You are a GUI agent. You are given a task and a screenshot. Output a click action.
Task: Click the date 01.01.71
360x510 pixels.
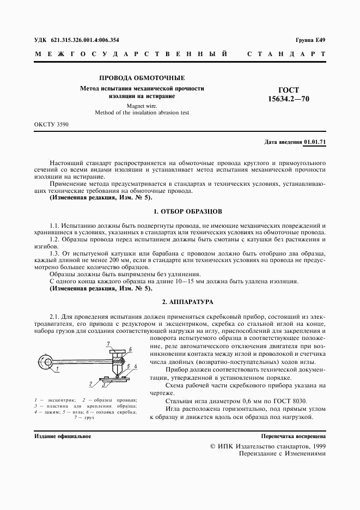315,142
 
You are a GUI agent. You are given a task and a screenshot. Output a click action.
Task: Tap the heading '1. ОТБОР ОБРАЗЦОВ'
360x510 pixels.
180,211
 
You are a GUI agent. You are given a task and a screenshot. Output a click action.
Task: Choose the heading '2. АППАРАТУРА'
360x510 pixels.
180,301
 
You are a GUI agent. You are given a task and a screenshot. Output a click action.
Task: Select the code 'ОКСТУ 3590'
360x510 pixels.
51,125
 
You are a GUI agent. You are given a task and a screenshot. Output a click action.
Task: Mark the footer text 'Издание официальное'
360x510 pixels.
63,436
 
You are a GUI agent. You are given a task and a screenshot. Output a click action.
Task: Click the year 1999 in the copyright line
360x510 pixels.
316,446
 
